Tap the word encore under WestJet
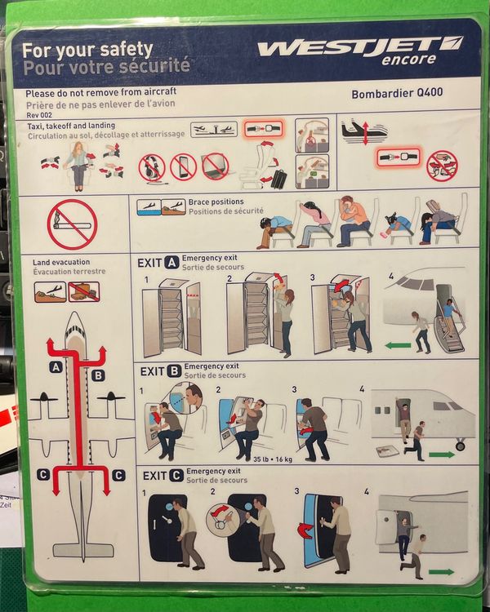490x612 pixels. (409, 60)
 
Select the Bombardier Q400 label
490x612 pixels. (397, 93)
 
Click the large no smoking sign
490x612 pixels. (72, 224)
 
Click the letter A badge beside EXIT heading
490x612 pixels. (171, 262)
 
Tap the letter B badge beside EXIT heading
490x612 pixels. (173, 370)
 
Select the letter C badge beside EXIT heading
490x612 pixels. (174, 476)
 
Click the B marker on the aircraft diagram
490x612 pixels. (98, 375)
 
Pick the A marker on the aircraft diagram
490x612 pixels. (56, 367)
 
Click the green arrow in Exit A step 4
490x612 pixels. (398, 345)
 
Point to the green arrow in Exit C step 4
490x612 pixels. (440, 571)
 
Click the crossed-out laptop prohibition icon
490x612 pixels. (216, 166)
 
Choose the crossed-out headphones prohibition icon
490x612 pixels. (152, 167)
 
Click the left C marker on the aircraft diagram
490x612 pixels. (43, 475)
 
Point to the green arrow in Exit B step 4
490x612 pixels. (440, 455)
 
